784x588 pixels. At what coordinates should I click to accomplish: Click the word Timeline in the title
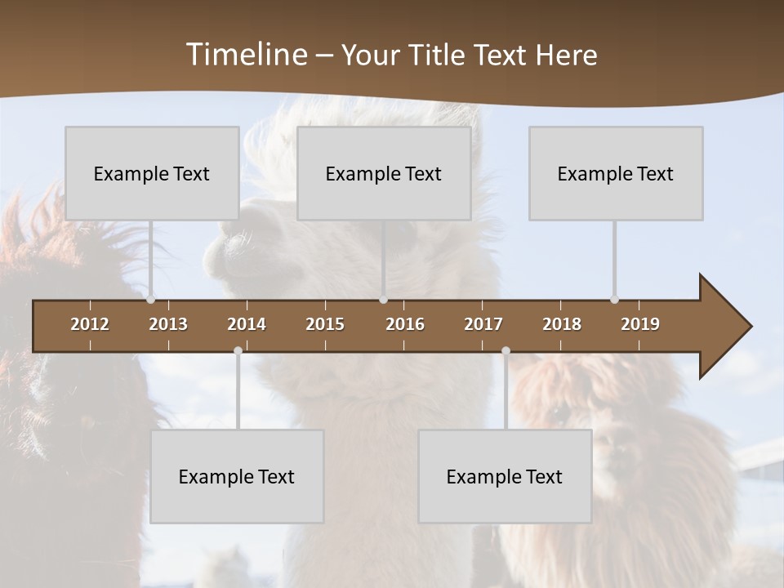click(x=247, y=55)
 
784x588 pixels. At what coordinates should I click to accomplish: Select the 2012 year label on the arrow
click(x=90, y=324)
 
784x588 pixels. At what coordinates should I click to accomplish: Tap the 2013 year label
click(x=168, y=324)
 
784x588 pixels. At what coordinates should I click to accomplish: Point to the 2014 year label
click(x=247, y=324)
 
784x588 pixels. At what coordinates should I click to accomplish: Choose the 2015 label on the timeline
click(x=325, y=324)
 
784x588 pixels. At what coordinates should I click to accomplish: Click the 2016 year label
click(x=405, y=324)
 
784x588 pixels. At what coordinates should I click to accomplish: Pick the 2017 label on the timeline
click(x=483, y=324)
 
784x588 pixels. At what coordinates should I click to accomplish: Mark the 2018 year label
click(x=562, y=324)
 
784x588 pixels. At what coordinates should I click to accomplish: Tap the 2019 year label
click(x=640, y=324)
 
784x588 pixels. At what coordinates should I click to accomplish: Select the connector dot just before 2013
click(x=150, y=299)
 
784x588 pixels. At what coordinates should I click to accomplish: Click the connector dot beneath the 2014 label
click(x=238, y=351)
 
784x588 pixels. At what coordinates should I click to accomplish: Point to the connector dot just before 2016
click(x=383, y=299)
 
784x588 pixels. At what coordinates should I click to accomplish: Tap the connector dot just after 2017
click(x=506, y=351)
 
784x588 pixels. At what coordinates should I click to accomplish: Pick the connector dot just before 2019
click(x=614, y=299)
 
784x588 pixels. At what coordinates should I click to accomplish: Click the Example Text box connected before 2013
click(x=152, y=173)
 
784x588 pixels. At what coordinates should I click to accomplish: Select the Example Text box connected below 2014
click(x=237, y=476)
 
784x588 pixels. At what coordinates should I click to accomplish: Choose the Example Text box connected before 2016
click(x=384, y=173)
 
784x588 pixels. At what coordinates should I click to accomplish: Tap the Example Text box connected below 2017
click(x=505, y=476)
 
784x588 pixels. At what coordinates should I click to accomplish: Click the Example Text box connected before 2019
click(x=616, y=173)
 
